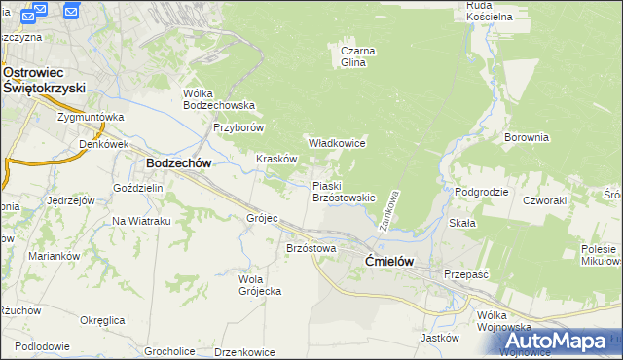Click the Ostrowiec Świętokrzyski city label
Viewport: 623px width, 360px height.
point(45,80)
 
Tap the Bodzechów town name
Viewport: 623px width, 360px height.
point(179,164)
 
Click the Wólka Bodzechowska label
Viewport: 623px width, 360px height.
point(219,99)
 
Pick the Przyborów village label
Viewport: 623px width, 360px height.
point(239,127)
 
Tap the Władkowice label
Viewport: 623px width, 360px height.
point(337,143)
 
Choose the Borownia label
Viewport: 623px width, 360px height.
point(527,138)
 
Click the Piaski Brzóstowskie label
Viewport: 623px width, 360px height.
point(344,191)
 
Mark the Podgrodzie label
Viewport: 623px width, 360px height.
point(482,192)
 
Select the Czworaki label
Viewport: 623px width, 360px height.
point(544,200)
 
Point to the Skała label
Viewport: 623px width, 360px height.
point(462,223)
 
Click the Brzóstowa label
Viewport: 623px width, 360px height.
point(311,249)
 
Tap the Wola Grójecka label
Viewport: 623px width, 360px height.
point(260,285)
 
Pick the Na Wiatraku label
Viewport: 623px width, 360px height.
point(141,221)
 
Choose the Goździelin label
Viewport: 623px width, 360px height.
point(137,187)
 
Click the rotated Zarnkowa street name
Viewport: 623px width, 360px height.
point(395,204)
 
